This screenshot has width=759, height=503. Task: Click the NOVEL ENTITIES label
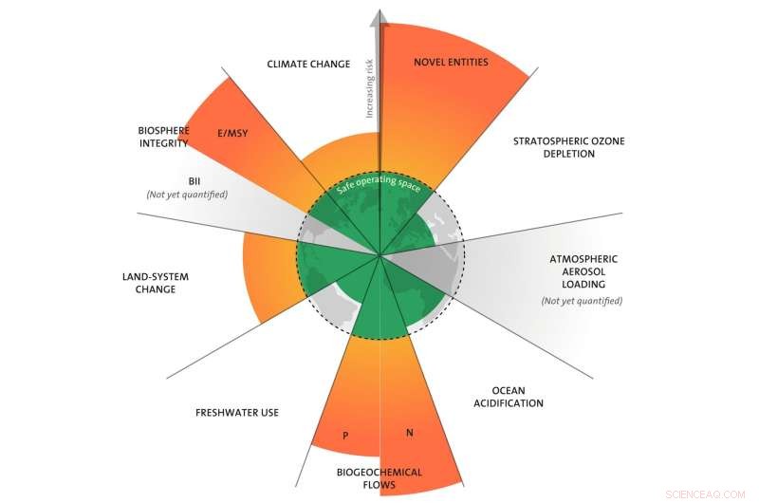[451, 63]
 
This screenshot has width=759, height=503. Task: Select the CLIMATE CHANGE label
[308, 65]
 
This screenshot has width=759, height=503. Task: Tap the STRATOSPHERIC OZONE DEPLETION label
[569, 147]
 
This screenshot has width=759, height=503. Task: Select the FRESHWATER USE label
[236, 413]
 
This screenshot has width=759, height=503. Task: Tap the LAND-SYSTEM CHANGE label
[157, 283]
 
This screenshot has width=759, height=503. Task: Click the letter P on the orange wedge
[346, 437]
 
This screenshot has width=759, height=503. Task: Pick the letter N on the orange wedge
[409, 433]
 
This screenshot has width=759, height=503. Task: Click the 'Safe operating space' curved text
[379, 186]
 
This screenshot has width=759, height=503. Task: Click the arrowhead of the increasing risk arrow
[378, 17]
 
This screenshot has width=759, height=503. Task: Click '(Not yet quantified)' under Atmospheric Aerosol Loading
[582, 300]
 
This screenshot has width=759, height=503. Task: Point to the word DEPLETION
[569, 154]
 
